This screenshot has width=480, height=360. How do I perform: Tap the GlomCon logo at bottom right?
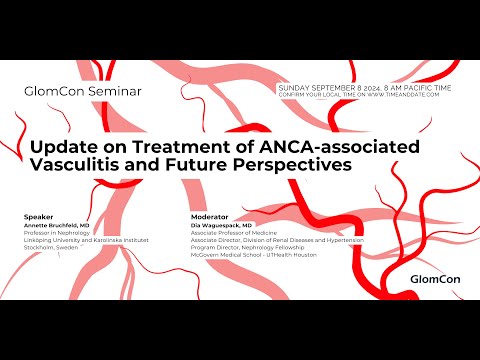pos(436,278)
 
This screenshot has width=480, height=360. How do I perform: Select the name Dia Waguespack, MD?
pos(221,225)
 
